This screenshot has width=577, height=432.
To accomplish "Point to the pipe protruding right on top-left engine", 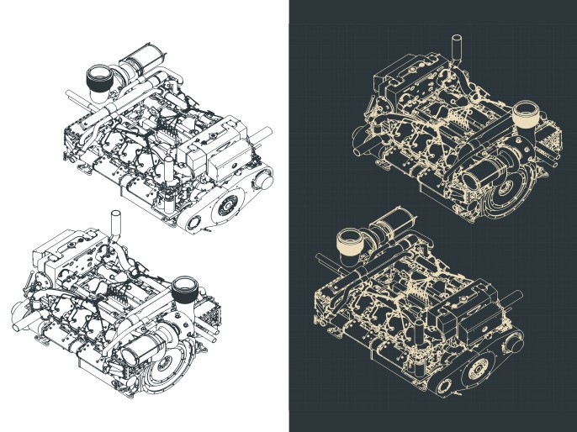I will pos(262,134).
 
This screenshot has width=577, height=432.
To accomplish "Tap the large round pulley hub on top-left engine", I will pos(225,205).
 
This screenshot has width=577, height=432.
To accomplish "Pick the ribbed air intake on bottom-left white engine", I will pos(184,292).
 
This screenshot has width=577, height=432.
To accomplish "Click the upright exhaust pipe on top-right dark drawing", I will pos(457,48).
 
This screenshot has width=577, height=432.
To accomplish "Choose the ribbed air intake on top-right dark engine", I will pos(527,113).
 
